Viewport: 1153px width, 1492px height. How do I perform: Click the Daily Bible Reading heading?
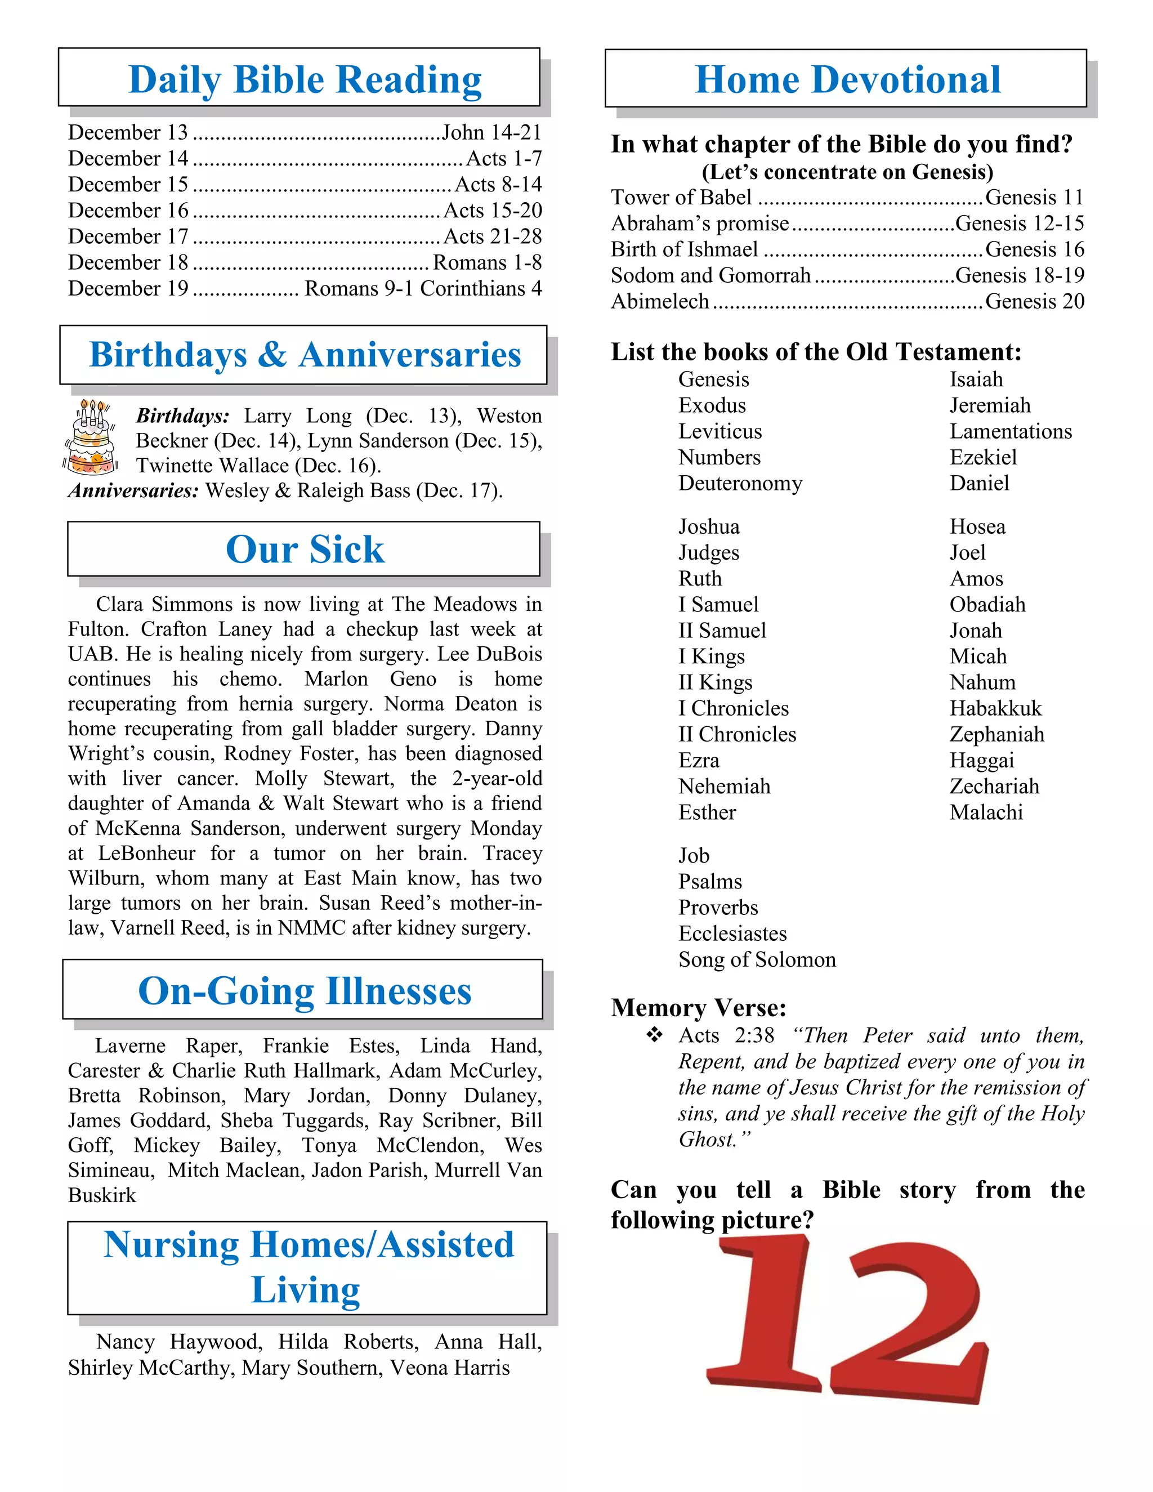(x=305, y=79)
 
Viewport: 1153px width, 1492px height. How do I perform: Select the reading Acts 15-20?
(x=493, y=211)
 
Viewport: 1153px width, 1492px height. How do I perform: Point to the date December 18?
(x=128, y=262)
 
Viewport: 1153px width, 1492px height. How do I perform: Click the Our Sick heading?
(x=305, y=550)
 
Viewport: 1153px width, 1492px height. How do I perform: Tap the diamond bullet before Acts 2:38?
(x=654, y=1035)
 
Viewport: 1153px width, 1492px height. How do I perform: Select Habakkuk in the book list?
(x=995, y=708)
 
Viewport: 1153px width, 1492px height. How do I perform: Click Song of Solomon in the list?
(x=756, y=960)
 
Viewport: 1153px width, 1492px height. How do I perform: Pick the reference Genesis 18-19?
(x=1019, y=275)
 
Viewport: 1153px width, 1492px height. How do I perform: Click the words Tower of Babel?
(x=681, y=198)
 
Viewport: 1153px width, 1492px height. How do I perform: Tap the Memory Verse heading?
(x=698, y=1008)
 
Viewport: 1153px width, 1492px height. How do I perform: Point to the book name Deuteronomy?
(x=740, y=483)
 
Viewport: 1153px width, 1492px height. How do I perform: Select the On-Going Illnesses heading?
(x=305, y=991)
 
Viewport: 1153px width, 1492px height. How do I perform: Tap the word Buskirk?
(x=102, y=1195)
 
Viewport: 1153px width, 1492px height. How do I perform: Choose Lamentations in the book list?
(x=1010, y=431)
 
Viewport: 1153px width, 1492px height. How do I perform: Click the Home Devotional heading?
(x=847, y=79)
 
